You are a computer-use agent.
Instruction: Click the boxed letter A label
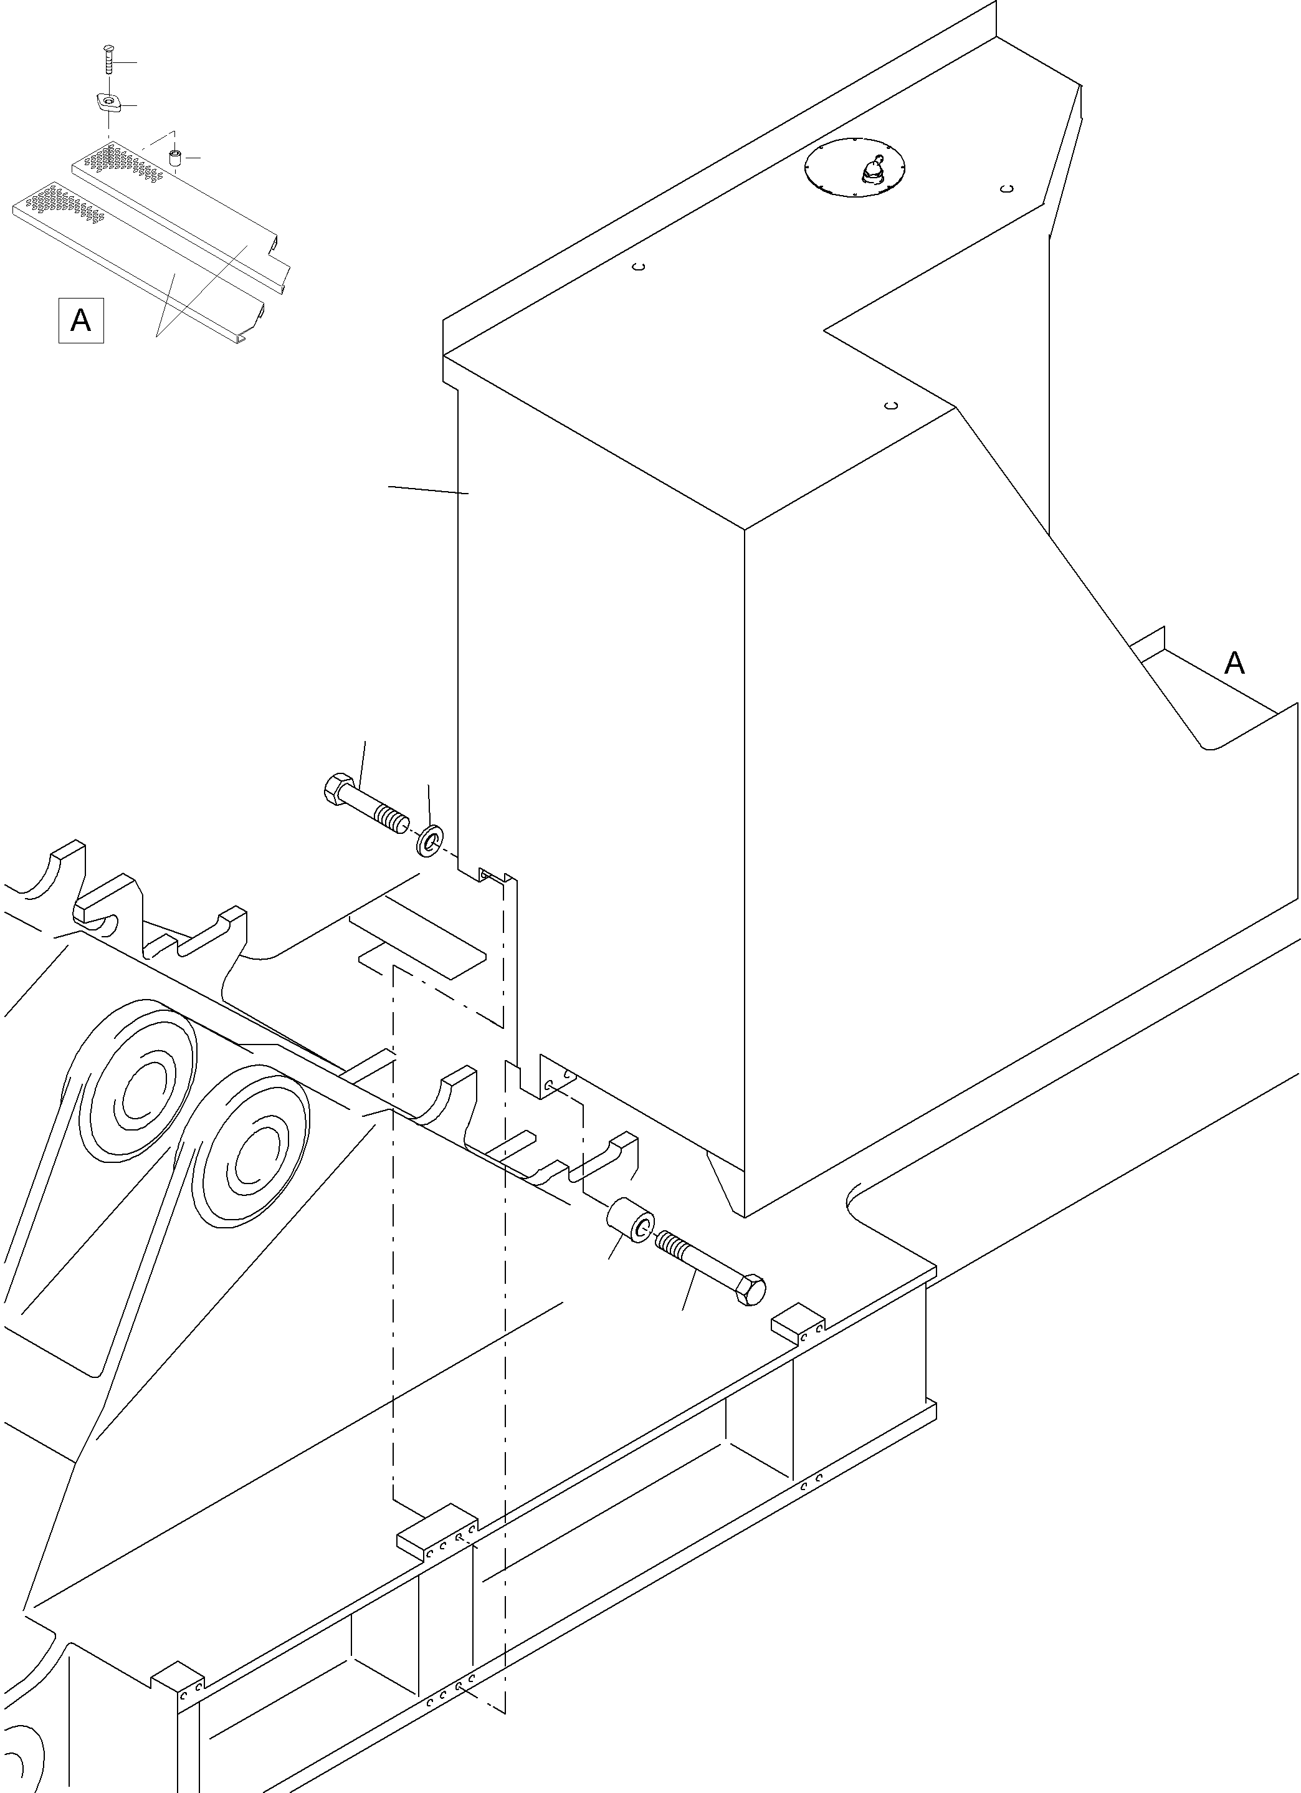pyautogui.click(x=80, y=320)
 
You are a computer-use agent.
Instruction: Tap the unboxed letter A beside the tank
pyautogui.click(x=1234, y=662)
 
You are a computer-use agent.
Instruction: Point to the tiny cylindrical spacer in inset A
pyautogui.click(x=176, y=157)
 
